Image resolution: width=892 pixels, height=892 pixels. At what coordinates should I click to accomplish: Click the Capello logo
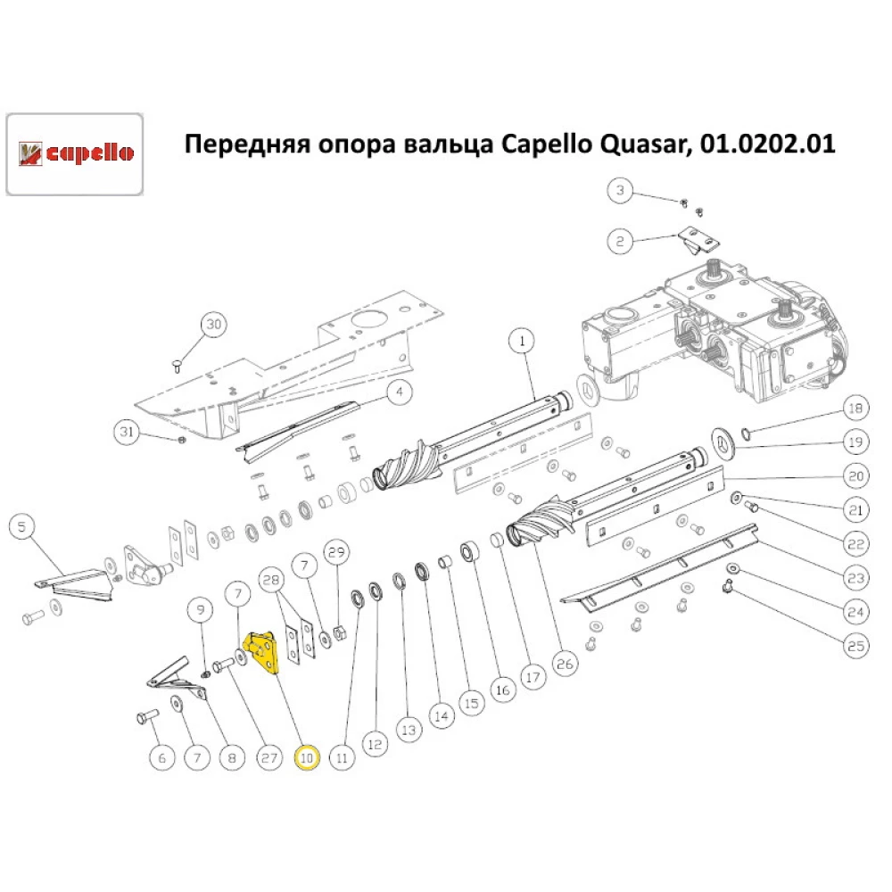pos(75,153)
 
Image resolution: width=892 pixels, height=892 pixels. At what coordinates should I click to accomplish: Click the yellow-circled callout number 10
pos(307,758)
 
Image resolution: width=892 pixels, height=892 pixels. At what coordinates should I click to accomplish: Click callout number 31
pos(128,433)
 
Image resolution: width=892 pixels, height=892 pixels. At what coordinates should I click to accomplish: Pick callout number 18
pos(855,409)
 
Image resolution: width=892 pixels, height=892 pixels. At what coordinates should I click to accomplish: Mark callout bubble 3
pos(621,191)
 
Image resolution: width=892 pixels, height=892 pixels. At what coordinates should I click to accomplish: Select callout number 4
pos(400,392)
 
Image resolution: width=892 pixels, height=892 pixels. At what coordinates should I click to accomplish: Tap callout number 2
pos(621,241)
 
